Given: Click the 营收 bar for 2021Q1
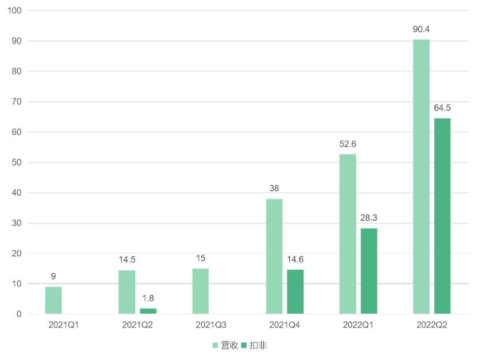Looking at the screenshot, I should (53, 300).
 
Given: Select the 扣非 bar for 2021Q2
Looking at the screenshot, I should (148, 311).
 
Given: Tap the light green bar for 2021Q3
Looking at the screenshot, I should (201, 291).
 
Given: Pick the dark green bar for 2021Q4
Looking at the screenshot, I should (295, 292).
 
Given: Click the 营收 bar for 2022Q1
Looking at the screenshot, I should (348, 234).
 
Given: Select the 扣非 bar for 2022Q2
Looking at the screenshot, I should (442, 216).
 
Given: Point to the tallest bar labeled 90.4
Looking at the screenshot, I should (422, 177).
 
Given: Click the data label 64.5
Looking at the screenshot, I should (442, 108).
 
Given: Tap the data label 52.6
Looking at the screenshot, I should (348, 144).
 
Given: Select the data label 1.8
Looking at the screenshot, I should (148, 298).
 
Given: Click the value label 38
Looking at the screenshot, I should (275, 188).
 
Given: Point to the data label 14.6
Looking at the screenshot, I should (295, 259).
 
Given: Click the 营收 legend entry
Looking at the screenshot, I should (225, 346).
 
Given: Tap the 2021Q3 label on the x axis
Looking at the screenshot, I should (211, 325).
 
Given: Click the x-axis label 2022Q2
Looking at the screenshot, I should (431, 325).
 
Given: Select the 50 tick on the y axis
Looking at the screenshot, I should (17, 163).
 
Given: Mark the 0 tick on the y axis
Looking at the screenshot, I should (19, 314).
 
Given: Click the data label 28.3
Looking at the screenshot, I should (368, 218).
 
